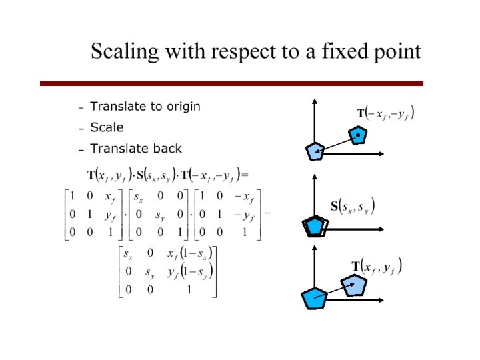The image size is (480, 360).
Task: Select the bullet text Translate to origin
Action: [145, 107]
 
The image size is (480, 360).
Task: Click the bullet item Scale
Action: [107, 127]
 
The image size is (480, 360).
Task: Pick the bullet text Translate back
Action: [135, 149]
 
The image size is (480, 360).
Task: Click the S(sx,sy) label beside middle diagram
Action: [353, 205]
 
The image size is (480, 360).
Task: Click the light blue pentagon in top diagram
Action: [359, 135]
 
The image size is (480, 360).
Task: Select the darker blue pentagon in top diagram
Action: [315, 152]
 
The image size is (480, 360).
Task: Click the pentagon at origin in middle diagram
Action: [313, 227]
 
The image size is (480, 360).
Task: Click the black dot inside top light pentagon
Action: [359, 135]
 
